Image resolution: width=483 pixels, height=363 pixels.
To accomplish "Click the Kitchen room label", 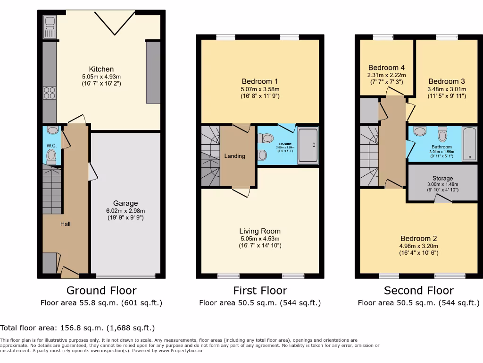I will click(101, 69).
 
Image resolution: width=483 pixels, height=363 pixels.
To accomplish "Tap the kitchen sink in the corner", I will click(49, 26).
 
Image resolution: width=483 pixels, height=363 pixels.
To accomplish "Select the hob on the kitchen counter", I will click(49, 94).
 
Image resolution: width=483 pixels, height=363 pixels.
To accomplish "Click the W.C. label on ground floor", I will click(51, 146).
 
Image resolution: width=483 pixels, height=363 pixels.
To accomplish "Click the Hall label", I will click(65, 224).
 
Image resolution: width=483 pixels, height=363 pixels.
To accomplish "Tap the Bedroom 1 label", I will click(260, 81).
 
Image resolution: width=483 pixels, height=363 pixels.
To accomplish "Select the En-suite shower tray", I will click(308, 145).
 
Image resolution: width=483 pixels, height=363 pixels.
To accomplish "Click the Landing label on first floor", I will click(234, 156).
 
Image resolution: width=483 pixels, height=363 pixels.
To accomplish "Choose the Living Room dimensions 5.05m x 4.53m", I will click(260, 238).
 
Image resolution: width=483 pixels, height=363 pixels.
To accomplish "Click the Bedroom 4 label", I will click(386, 68).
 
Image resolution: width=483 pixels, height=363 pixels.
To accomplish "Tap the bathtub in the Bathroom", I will click(469, 143).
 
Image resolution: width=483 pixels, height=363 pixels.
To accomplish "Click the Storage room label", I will click(442, 179).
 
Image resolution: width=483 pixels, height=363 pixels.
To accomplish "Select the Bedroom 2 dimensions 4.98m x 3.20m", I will click(419, 246).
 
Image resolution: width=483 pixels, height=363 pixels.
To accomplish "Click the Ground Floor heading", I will click(101, 290).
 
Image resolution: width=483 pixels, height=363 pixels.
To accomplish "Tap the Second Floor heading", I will click(419, 290).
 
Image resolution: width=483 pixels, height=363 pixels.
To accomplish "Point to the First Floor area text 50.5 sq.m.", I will click(260, 303).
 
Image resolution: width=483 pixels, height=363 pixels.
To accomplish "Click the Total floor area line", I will click(77, 328).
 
